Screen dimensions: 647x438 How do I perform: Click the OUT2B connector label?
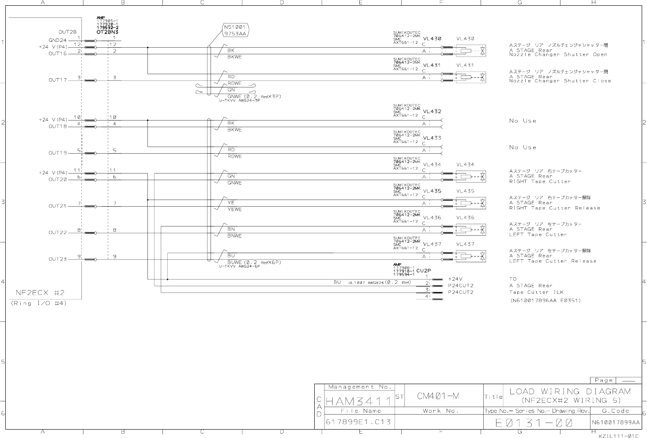point(68,32)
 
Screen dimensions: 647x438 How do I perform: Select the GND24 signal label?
point(57,40)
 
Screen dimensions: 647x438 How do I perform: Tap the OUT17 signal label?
point(58,80)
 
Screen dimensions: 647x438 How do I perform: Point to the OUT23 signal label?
point(58,259)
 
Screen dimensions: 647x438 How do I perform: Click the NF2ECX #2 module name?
point(40,292)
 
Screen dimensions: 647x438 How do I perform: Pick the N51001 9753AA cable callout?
point(235,30)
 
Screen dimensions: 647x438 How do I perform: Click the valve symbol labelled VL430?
point(473,51)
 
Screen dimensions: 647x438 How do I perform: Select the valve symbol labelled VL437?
point(473,256)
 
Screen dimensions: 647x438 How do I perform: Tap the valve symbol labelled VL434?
point(473,177)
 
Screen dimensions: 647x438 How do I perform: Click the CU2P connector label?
point(423,271)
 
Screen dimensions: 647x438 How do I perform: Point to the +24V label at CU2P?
point(455,279)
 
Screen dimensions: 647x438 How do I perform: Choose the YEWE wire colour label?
point(234,209)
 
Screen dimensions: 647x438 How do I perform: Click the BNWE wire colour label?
point(234,236)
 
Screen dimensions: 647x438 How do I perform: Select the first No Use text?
point(523,121)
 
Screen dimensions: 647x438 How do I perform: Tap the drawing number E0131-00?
point(534,423)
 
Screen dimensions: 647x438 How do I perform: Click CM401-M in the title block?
point(438,396)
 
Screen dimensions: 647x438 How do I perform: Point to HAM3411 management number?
point(358,401)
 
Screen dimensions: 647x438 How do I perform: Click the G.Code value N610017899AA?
point(616,423)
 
